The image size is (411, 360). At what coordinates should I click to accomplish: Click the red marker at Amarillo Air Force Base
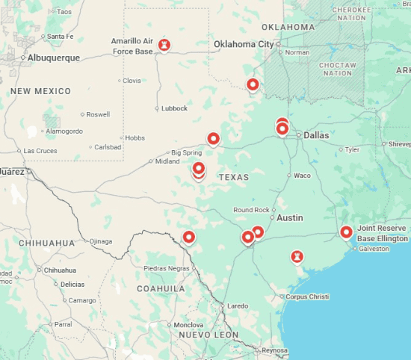[x=164, y=45]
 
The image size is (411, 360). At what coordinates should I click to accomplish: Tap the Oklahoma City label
[x=244, y=44]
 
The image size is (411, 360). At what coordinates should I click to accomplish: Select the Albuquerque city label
[x=54, y=58]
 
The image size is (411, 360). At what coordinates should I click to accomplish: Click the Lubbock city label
[x=174, y=108]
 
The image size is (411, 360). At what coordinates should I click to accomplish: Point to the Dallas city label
[x=316, y=135]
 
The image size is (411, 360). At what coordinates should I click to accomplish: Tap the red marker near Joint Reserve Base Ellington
[x=346, y=232]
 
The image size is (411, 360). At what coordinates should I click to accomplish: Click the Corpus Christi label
[x=307, y=297]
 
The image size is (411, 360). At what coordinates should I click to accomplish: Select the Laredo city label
[x=238, y=305]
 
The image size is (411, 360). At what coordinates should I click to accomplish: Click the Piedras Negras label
[x=167, y=268]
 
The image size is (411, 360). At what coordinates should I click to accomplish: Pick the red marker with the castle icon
[x=297, y=257]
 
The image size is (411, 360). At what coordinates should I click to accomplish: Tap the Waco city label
[x=302, y=176]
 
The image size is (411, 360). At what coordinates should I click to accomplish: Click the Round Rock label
[x=251, y=210]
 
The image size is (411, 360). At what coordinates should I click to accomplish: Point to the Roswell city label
[x=98, y=114]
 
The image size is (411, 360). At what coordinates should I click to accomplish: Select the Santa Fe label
[x=60, y=36]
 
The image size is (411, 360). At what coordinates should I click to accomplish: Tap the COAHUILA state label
[x=161, y=288]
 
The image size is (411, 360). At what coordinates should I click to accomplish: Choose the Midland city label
[x=167, y=161]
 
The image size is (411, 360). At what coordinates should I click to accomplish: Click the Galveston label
[x=374, y=249]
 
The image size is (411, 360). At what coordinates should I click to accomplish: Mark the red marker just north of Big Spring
[x=213, y=138]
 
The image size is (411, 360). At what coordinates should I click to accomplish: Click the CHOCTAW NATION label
[x=336, y=69]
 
